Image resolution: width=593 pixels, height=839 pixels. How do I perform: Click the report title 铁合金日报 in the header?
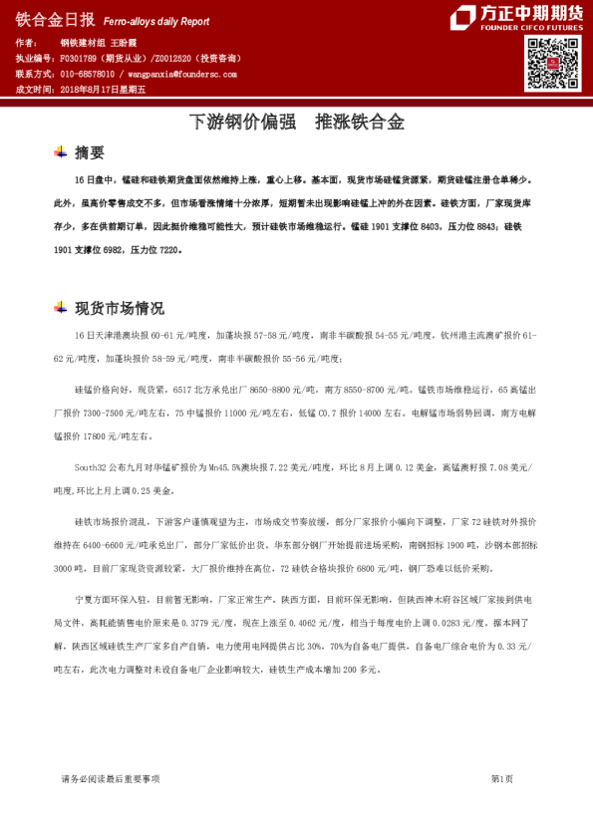click(x=55, y=19)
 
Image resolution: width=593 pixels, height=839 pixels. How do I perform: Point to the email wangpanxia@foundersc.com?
click(x=180, y=75)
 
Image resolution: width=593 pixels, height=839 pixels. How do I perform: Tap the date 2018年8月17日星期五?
click(x=103, y=90)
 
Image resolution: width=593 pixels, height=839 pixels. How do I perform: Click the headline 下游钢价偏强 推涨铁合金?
click(x=296, y=123)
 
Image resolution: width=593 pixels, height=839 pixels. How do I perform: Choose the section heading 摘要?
click(x=89, y=153)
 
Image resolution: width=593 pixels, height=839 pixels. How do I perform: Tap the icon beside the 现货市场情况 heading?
click(x=60, y=307)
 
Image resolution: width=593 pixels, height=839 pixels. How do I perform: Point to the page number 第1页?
click(x=502, y=778)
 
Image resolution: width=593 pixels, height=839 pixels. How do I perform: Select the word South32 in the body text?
click(x=91, y=466)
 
